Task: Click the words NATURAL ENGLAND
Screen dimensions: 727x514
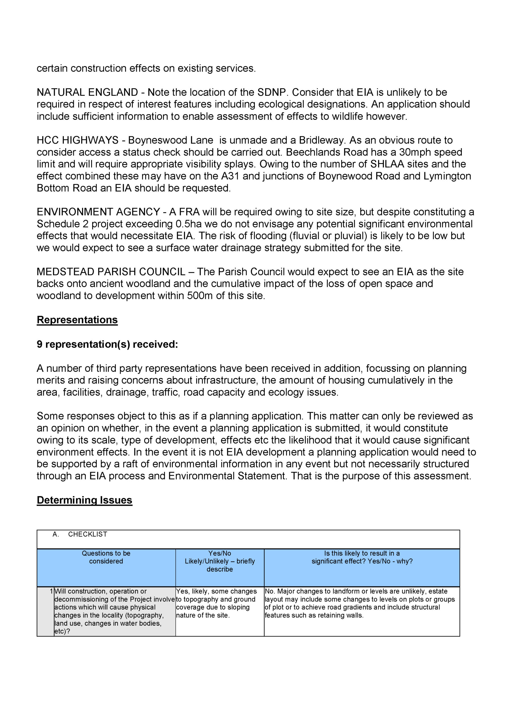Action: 87,93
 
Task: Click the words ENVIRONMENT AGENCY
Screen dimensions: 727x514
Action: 98,212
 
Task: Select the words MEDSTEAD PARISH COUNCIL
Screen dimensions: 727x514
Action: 111,272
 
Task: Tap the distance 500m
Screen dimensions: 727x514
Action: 200,296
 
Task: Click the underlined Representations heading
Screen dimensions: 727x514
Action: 77,320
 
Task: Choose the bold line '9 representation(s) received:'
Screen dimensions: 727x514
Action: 107,344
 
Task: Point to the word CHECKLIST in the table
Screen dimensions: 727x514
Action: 88,534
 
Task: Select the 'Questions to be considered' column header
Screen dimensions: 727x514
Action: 106,557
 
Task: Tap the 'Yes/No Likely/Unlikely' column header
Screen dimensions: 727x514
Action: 220,561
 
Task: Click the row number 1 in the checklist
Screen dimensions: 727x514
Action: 51,591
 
